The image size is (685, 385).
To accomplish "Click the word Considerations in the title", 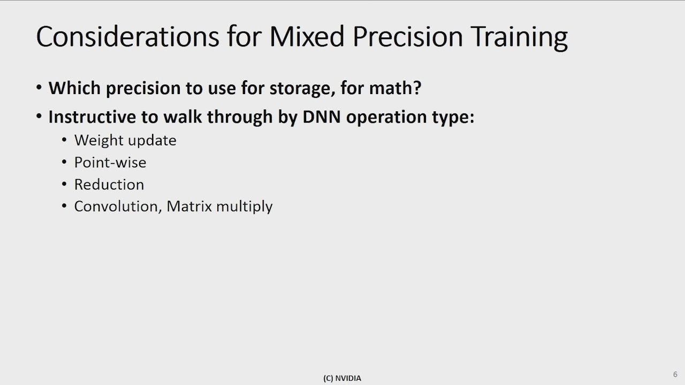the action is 127,37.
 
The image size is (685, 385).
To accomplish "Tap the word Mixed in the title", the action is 307,37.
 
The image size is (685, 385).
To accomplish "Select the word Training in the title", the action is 519,38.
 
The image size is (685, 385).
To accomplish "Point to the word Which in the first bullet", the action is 74,88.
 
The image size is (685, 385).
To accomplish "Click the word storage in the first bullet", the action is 302,89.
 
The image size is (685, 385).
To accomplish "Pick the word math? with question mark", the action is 395,88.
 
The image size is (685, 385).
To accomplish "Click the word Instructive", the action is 92,117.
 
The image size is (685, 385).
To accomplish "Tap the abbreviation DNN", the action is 322,117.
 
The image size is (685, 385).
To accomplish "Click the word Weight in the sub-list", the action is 98,141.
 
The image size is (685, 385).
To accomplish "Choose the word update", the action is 152,141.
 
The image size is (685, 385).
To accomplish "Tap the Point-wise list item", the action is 110,162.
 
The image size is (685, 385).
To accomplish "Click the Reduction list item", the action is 109,184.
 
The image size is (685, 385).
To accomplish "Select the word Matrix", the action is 189,206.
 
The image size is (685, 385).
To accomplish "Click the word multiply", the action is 245,207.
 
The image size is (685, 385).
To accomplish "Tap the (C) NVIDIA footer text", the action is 342,378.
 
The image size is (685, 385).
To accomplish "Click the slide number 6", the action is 675,374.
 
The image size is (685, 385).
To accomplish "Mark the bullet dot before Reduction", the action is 64,184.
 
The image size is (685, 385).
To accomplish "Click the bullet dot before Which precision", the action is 39,88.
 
